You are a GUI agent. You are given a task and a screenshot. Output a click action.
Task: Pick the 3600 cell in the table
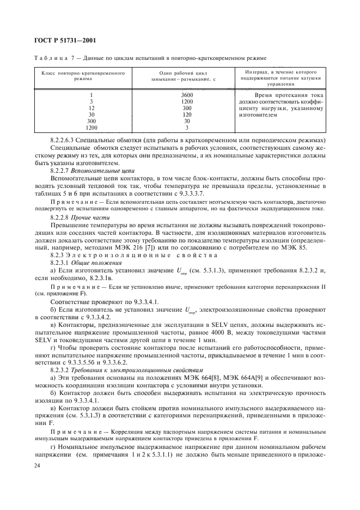pyautogui.click(x=172, y=95)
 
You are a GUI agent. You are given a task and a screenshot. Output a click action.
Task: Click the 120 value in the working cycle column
pyautogui.click(x=172, y=115)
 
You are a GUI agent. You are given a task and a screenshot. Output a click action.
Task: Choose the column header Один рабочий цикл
pyautogui.click(x=172, y=73)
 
